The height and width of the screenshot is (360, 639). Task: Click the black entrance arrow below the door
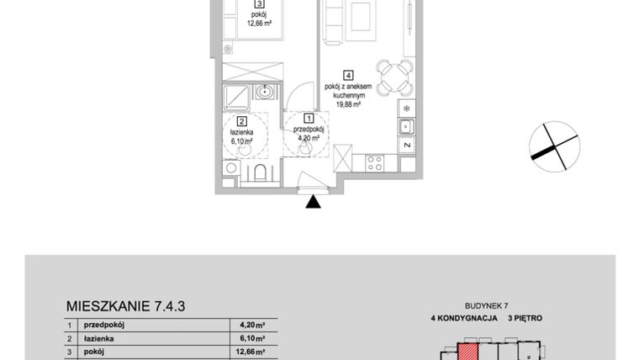coord(314,201)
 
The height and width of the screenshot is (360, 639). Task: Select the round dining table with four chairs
coord(389,77)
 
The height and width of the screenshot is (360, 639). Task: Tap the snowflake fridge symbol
coord(406,109)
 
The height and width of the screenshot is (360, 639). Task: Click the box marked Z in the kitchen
coord(406,145)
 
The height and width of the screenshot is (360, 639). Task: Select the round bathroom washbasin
coord(266,93)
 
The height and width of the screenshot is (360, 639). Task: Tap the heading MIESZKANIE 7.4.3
coord(124,306)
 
